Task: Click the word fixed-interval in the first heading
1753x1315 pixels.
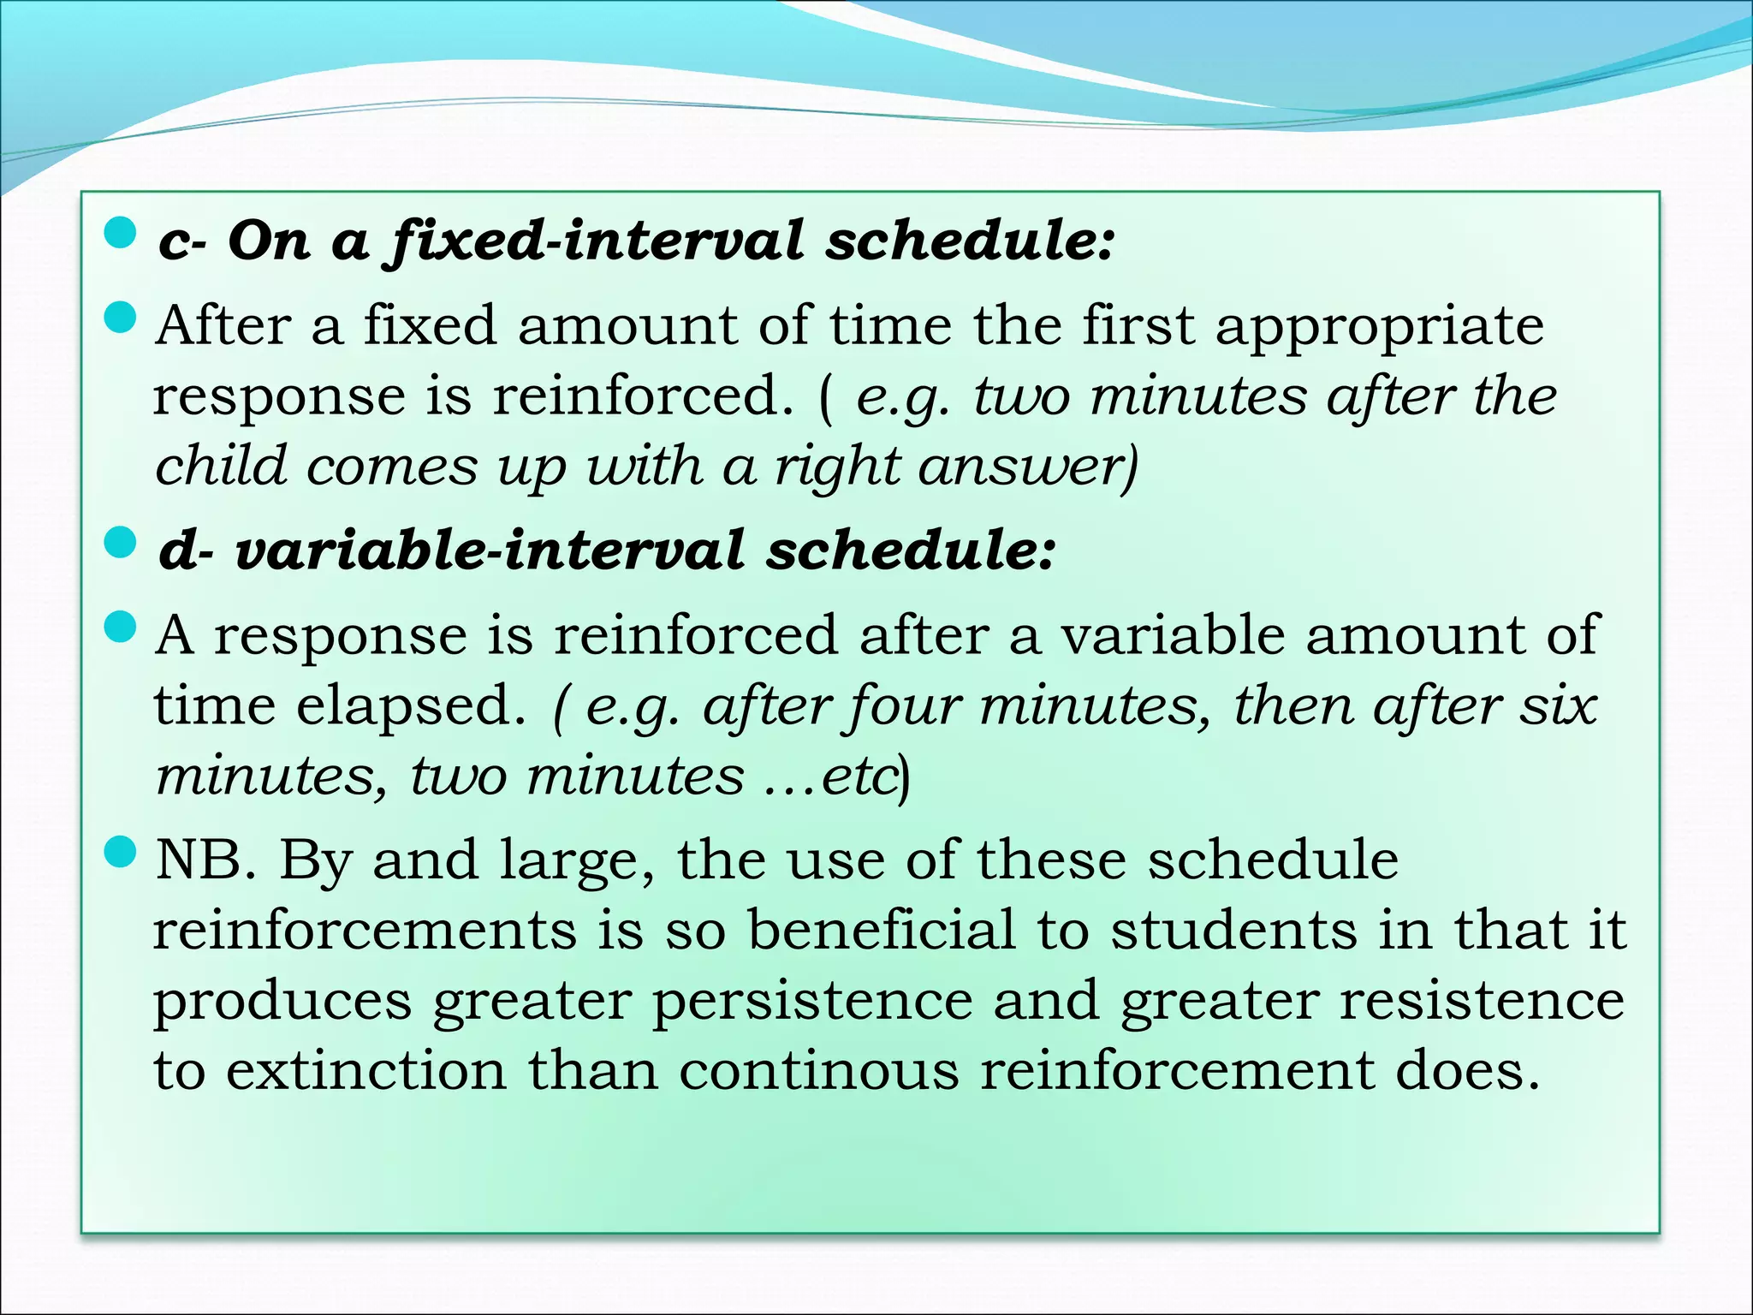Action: [x=596, y=241]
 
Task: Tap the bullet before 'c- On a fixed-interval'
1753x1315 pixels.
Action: [x=120, y=234]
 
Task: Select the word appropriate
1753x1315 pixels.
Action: [x=1380, y=328]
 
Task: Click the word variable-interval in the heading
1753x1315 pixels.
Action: [x=489, y=550]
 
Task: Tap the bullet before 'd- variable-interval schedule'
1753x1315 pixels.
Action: [x=120, y=543]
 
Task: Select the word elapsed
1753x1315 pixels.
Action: [x=411, y=706]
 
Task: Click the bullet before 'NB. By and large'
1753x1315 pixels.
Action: [x=120, y=853]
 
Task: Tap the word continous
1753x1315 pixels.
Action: [x=819, y=1071]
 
